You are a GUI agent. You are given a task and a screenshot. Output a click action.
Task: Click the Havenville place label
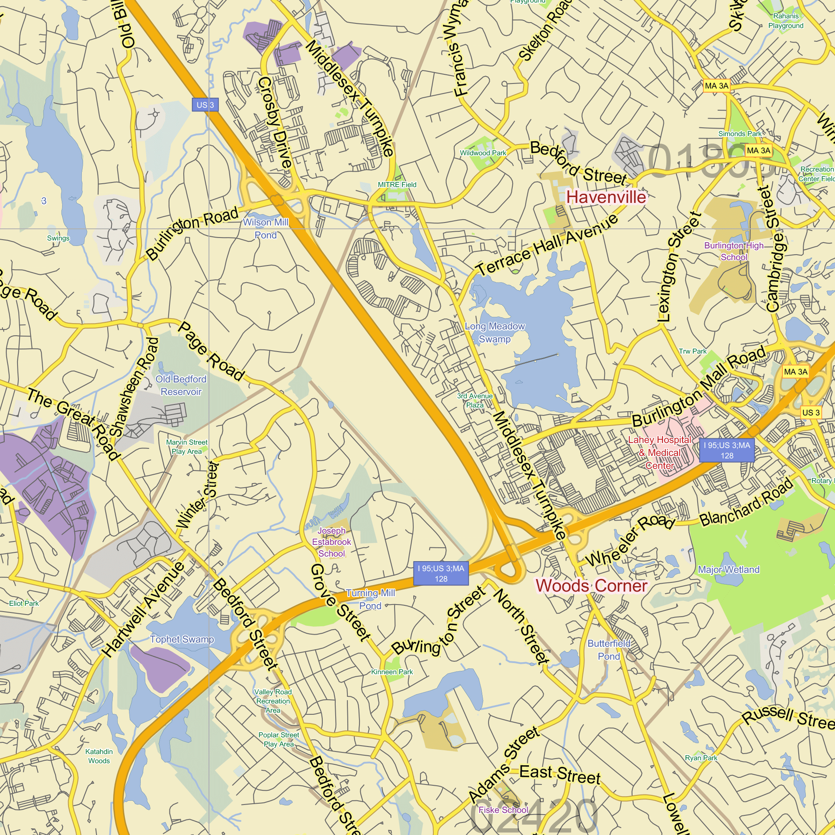606,197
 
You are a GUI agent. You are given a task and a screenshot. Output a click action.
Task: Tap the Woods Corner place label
591,586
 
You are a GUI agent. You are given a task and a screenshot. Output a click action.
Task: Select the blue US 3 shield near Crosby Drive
205,105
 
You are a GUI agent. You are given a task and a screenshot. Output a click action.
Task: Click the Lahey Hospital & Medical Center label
660,453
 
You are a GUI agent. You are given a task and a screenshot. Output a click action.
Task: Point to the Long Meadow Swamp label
495,333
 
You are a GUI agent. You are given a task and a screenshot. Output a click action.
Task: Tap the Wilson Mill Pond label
266,229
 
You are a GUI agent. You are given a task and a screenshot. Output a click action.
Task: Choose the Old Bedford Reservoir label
181,385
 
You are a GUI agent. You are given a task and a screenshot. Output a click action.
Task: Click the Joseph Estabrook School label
331,542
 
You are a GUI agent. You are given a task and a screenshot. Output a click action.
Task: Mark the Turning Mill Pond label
370,600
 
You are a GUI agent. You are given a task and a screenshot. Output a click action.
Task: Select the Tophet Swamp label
182,639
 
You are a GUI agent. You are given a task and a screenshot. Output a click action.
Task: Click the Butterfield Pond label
609,650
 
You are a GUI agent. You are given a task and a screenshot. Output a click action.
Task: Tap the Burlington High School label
734,251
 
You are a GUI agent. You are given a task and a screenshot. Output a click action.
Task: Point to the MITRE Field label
397,185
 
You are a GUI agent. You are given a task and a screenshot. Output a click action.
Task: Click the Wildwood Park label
483,153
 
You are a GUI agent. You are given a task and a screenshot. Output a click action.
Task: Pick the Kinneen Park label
392,672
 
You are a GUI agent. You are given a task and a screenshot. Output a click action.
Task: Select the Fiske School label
504,810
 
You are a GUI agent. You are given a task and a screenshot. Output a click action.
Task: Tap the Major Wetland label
729,569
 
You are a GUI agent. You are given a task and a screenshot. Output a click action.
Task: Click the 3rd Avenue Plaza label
475,400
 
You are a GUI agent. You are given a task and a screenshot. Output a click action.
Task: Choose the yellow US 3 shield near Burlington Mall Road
810,412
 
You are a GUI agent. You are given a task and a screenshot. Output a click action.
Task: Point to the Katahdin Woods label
99,757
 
